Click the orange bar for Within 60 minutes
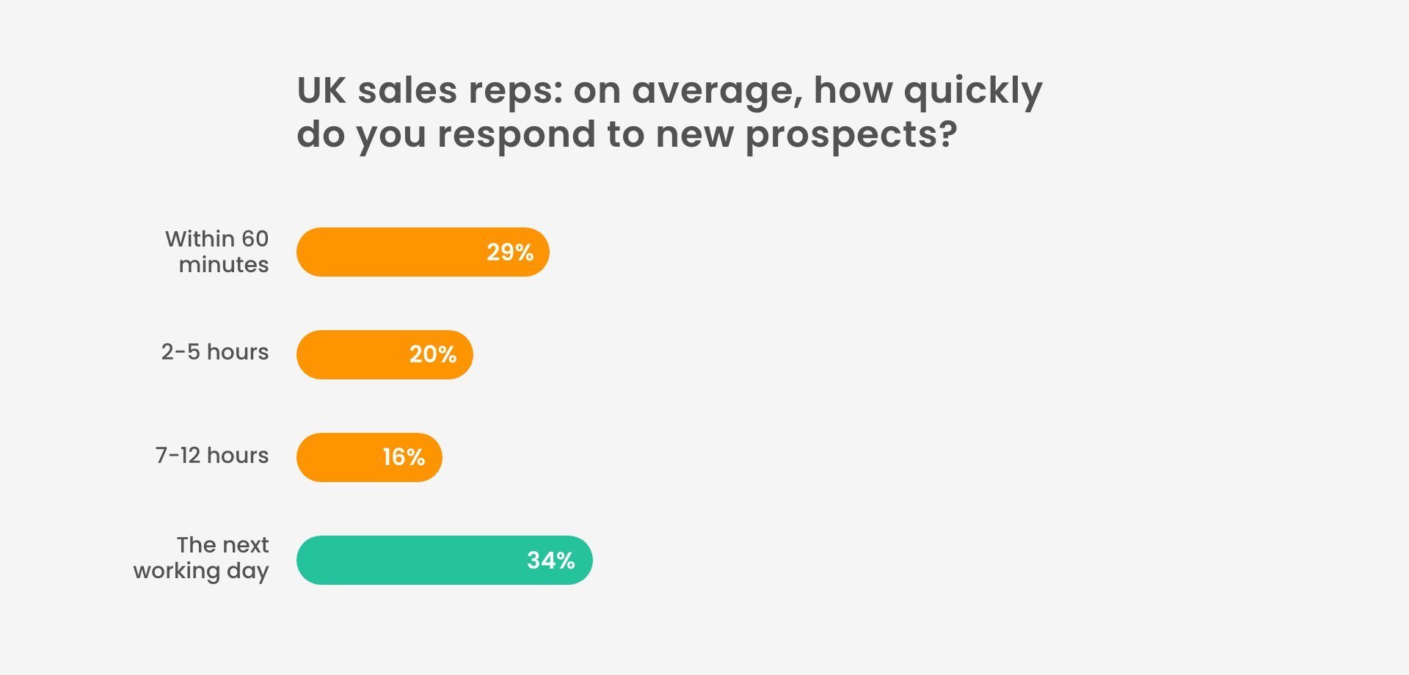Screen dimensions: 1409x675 423,252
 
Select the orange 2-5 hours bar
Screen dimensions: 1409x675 385,354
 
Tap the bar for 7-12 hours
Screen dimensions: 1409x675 369,457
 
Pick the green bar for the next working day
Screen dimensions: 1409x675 445,560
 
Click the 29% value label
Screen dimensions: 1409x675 510,252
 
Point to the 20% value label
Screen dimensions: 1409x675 433,354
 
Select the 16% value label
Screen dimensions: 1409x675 404,457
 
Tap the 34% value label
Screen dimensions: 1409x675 551,561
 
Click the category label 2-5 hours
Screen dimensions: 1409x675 215,352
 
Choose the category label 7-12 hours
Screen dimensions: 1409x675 212,456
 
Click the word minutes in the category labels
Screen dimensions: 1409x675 224,265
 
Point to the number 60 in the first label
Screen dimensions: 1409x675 255,239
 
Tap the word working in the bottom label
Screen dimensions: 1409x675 177,572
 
